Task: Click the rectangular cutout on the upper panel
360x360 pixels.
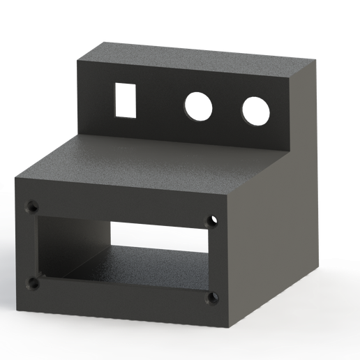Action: pyautogui.click(x=126, y=100)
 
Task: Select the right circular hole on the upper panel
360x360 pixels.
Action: pyautogui.click(x=255, y=111)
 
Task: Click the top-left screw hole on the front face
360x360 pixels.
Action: pyautogui.click(x=31, y=207)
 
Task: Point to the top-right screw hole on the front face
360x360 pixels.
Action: pyautogui.click(x=212, y=220)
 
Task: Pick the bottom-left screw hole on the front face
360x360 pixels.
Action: pyautogui.click(x=33, y=283)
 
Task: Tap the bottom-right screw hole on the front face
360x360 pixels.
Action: pyautogui.click(x=212, y=299)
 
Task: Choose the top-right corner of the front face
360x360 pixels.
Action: pyautogui.click(x=231, y=196)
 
